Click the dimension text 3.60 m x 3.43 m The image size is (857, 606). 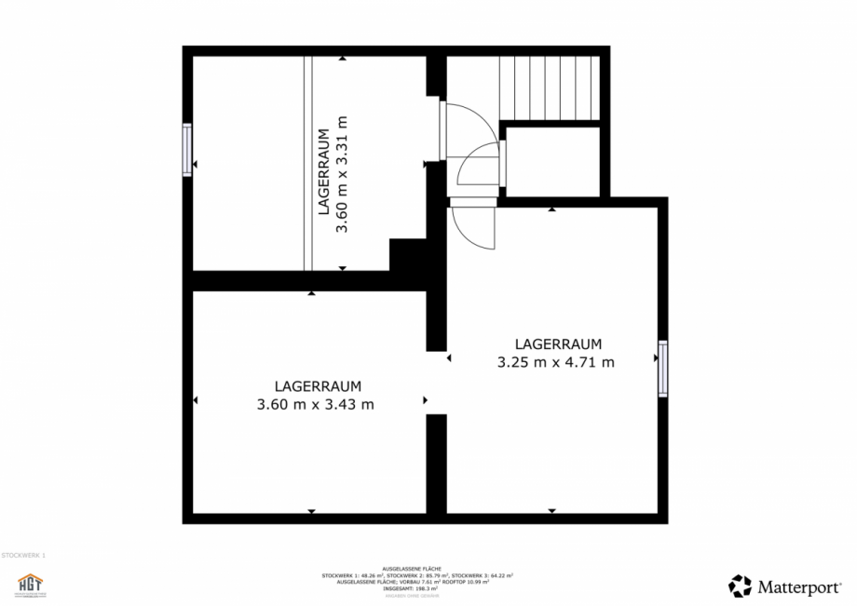(315, 404)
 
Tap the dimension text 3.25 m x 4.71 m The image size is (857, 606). (556, 362)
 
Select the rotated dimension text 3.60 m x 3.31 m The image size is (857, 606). (342, 174)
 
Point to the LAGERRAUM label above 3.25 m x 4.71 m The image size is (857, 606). (558, 343)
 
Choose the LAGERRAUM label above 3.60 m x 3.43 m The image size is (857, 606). (318, 385)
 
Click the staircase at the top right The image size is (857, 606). (550, 88)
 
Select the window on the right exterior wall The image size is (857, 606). (662, 368)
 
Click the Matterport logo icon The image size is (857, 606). (740, 586)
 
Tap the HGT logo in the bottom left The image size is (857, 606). (31, 585)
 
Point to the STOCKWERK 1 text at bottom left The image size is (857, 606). (23, 555)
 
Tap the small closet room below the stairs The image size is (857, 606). (551, 162)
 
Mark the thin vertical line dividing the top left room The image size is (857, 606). (307, 163)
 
